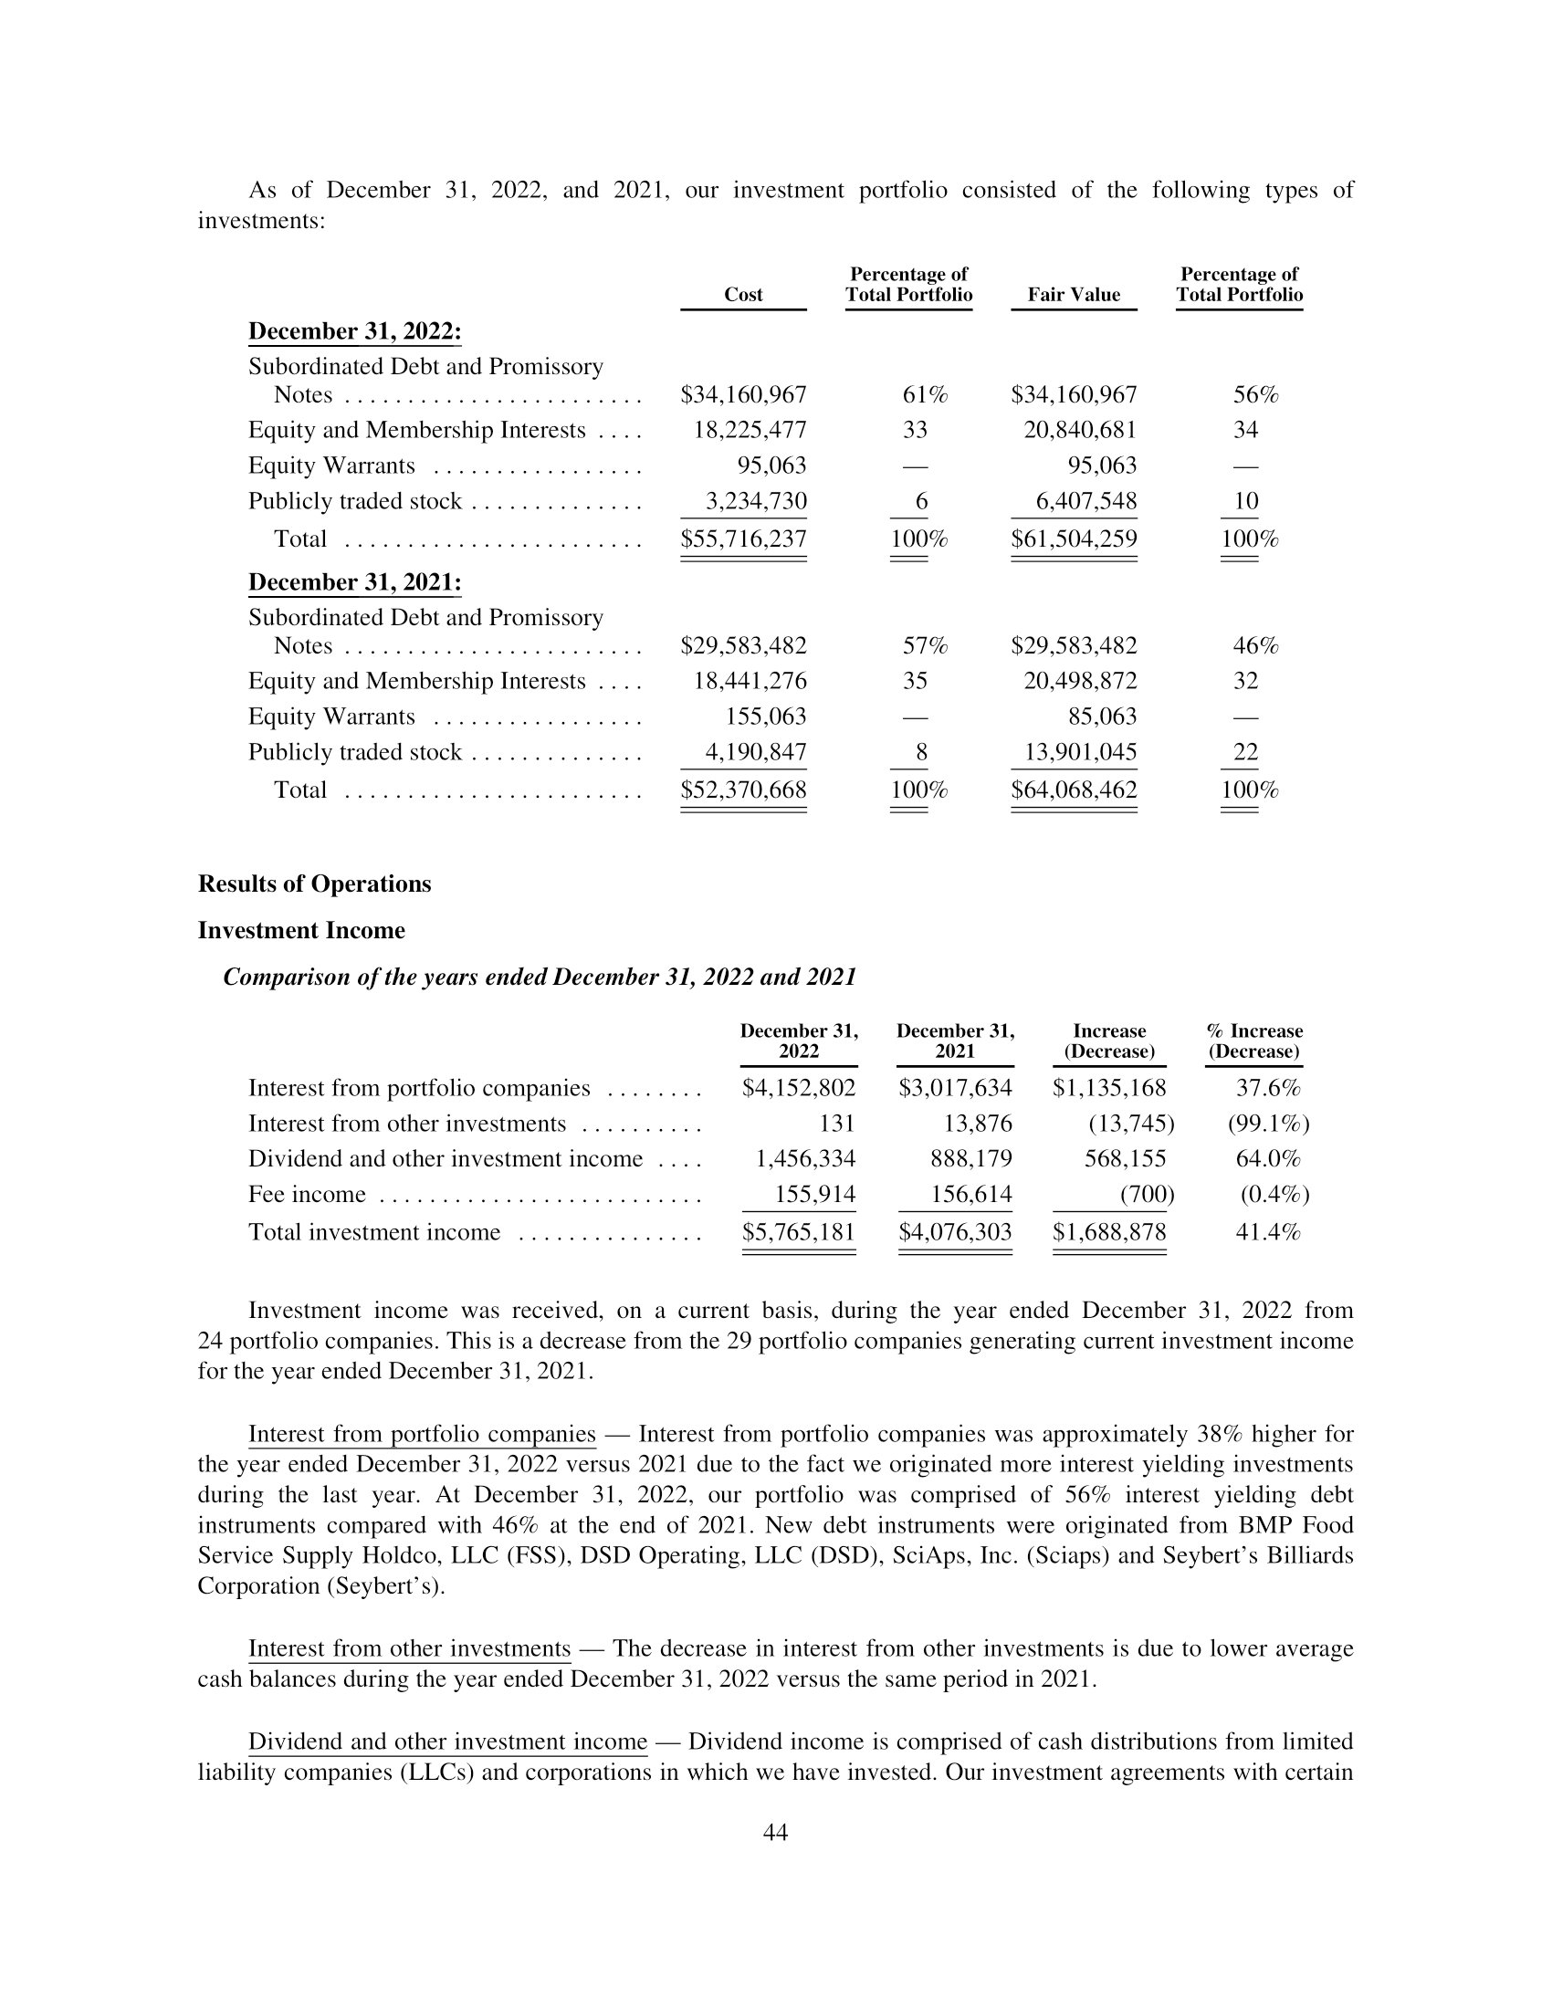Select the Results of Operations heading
click(314, 884)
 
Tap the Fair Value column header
click(1073, 294)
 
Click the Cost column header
click(743, 294)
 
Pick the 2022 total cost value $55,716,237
click(743, 539)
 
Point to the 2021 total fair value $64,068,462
click(1073, 790)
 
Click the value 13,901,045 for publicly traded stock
click(1080, 752)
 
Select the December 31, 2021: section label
click(355, 582)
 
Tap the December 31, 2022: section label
click(355, 331)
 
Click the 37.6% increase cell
click(1268, 1089)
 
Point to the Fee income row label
click(307, 1195)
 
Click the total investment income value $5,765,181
click(798, 1232)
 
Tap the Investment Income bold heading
click(301, 930)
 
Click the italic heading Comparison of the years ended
click(540, 977)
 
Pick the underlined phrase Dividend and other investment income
click(447, 1741)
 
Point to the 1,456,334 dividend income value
click(804, 1159)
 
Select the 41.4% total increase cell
click(1268, 1232)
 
